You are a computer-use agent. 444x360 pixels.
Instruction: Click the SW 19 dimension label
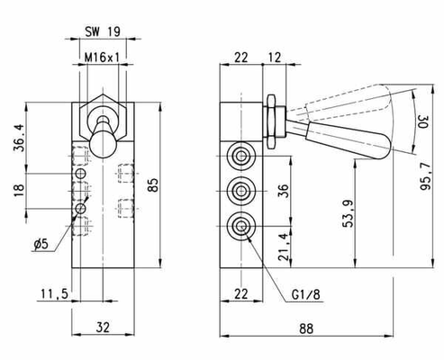click(x=103, y=31)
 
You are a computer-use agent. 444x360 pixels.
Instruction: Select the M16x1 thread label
click(x=102, y=58)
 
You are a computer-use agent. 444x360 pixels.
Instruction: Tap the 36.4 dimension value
click(x=20, y=138)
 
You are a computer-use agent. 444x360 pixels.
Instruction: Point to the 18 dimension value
click(x=19, y=190)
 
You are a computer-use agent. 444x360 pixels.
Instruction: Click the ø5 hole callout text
click(x=41, y=244)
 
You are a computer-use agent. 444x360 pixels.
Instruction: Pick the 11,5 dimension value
click(x=55, y=294)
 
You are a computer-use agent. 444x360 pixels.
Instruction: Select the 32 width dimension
click(x=103, y=327)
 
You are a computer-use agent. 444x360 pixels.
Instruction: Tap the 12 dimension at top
click(x=274, y=58)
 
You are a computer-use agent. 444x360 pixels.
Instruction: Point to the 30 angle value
click(x=422, y=121)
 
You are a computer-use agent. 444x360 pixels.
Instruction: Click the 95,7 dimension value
click(x=425, y=177)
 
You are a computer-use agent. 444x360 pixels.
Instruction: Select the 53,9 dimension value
click(x=349, y=213)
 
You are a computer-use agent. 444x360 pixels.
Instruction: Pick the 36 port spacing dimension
click(x=283, y=191)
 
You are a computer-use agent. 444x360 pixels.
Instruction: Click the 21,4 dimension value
click(x=284, y=247)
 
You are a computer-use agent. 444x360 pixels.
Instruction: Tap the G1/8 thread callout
click(x=306, y=295)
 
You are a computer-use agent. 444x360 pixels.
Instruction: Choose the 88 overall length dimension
click(x=306, y=328)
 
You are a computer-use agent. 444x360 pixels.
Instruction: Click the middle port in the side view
click(x=240, y=191)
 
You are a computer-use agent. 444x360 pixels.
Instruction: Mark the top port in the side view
click(x=240, y=156)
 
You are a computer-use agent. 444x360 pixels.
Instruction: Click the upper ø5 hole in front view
click(x=80, y=174)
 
